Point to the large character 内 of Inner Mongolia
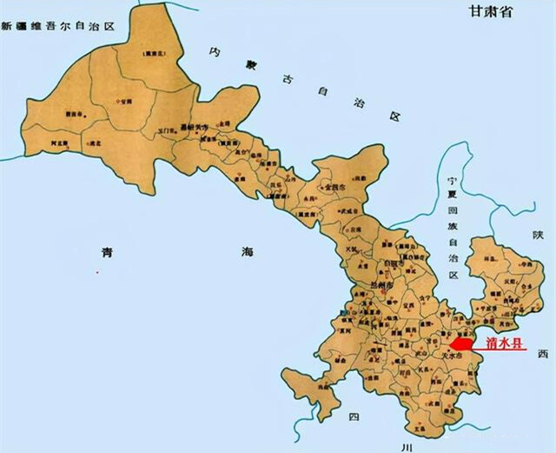point(215,52)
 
